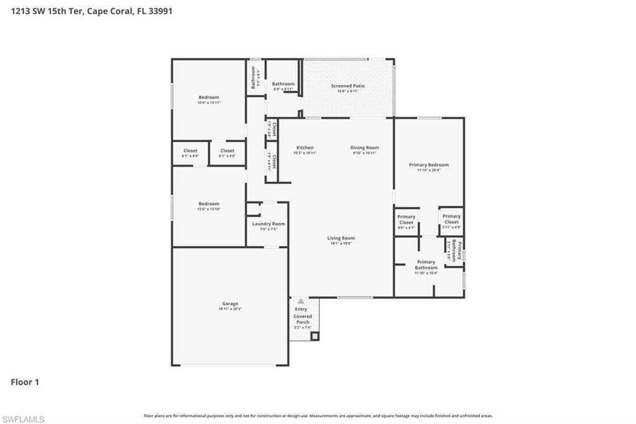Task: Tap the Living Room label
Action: click(x=341, y=238)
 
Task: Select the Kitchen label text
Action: click(x=304, y=148)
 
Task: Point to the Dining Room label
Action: click(x=365, y=148)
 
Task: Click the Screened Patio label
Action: click(x=348, y=86)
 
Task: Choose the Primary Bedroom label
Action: click(x=429, y=165)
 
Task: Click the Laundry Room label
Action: click(x=268, y=224)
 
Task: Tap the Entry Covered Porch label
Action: click(x=302, y=316)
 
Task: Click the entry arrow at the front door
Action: click(x=301, y=301)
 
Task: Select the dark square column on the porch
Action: click(x=315, y=336)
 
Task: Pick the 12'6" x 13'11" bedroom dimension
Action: click(x=209, y=103)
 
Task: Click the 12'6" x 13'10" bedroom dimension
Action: click(x=209, y=210)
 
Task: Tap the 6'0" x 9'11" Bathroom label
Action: click(x=283, y=86)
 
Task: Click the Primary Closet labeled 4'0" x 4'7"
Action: click(x=406, y=222)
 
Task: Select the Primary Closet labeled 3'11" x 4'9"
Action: click(x=452, y=221)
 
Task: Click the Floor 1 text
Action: click(x=25, y=382)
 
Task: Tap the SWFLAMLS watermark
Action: click(x=23, y=419)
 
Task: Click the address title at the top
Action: click(x=91, y=11)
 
